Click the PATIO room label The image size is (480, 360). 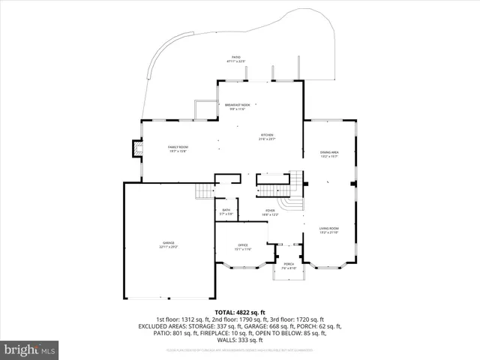(x=235, y=57)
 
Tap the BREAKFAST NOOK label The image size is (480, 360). (x=237, y=105)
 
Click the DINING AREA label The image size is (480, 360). (x=330, y=152)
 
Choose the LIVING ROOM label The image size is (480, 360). (x=329, y=228)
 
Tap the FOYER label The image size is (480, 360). (x=270, y=211)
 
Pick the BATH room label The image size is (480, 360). (x=226, y=211)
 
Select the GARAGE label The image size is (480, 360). (x=169, y=243)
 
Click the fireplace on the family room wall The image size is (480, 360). (x=136, y=148)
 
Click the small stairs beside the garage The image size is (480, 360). (x=203, y=192)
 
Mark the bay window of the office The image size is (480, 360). (x=244, y=264)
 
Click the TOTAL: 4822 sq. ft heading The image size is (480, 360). (x=239, y=311)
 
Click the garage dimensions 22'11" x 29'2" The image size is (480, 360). (x=169, y=247)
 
